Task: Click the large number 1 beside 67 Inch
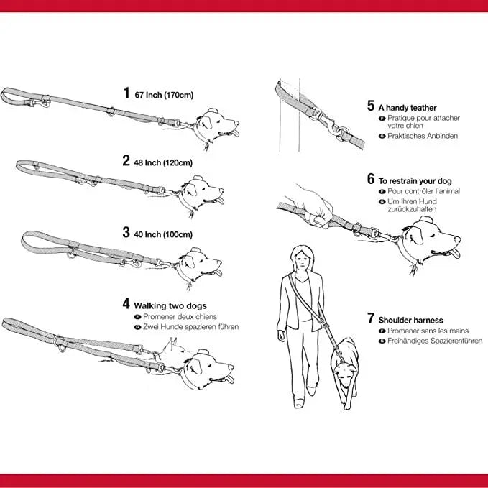[x=126, y=93]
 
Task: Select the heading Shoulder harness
[x=410, y=320]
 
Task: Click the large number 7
[x=370, y=318]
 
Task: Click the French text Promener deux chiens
[x=180, y=316]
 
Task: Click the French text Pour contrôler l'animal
[x=423, y=192]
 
